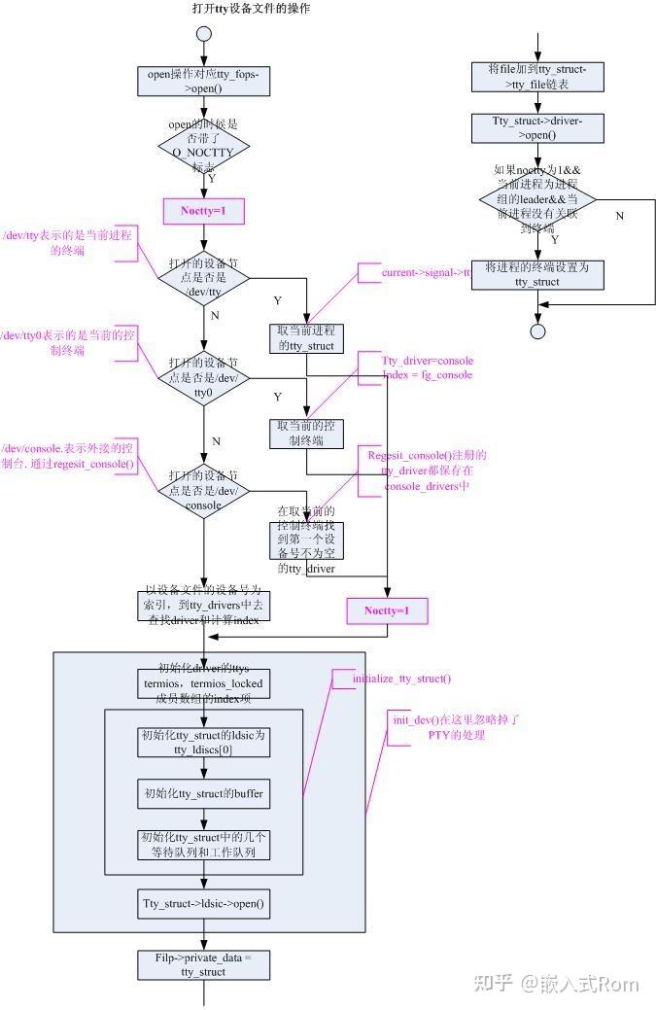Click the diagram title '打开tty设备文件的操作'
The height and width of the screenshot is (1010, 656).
[252, 9]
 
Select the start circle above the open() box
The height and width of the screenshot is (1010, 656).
[204, 34]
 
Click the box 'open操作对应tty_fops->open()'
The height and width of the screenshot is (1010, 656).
[204, 82]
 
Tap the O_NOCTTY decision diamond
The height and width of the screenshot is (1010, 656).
[204, 146]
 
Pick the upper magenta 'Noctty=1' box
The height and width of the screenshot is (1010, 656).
[204, 211]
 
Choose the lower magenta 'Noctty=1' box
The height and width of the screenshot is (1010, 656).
[387, 610]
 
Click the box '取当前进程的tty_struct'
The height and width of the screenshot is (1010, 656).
[306, 338]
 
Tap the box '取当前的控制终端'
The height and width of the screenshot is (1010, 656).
[306, 434]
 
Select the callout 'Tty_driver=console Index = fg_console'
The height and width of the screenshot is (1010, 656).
[427, 367]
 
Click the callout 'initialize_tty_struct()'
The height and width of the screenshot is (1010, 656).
[400, 679]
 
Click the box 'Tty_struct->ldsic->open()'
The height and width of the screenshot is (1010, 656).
[204, 903]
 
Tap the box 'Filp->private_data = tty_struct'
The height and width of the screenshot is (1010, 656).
[204, 964]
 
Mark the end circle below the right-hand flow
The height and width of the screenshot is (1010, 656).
[537, 331]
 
